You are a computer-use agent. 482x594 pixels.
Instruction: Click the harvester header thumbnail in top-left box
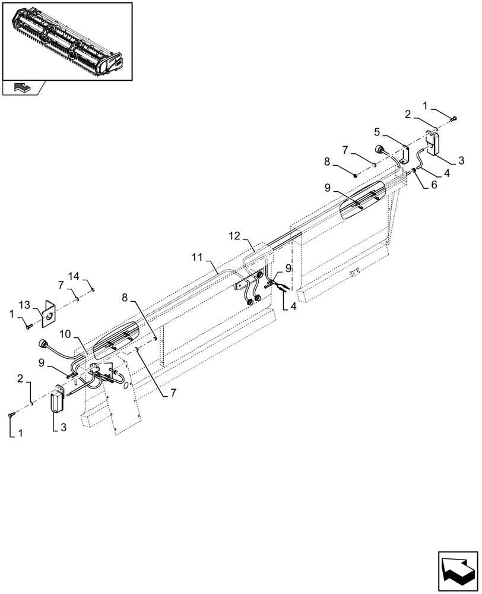point(67,41)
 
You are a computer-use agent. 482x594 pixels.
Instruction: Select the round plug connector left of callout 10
point(42,345)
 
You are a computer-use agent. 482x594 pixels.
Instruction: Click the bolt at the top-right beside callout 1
point(454,119)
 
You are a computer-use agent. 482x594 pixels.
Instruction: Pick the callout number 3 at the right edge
point(461,160)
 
